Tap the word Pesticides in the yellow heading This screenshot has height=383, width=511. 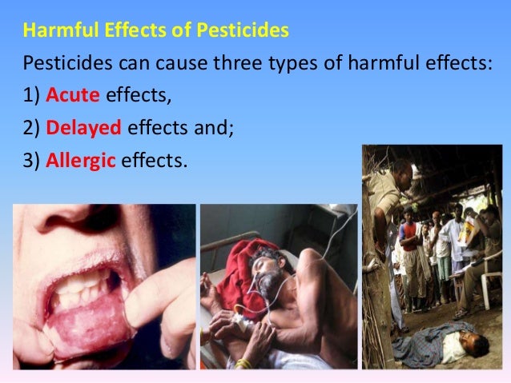(x=248, y=34)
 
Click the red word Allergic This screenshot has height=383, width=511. (x=81, y=160)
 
